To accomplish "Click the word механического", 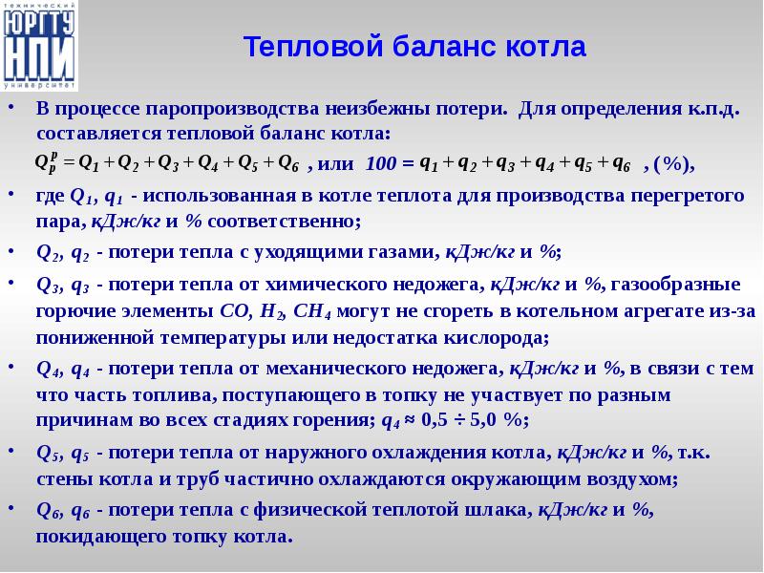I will point(337,369).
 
